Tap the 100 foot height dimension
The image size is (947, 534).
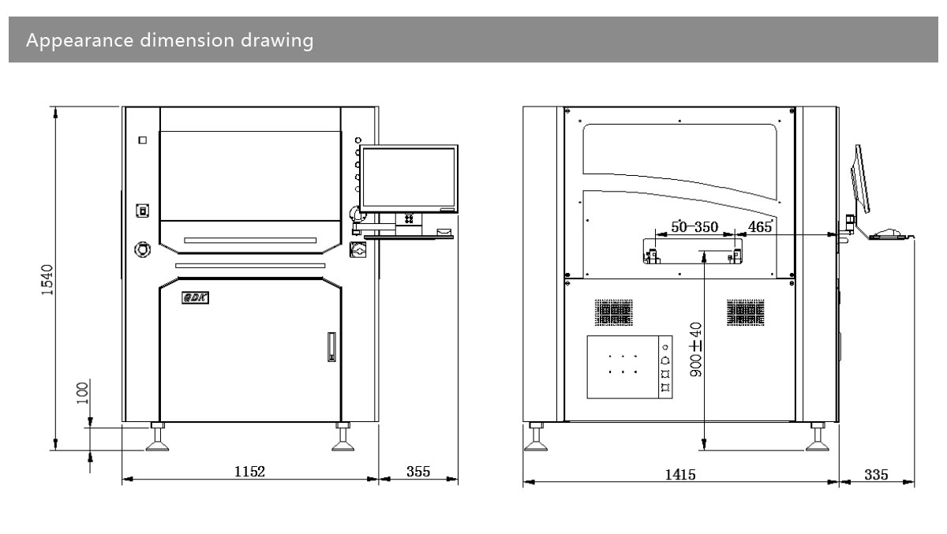pyautogui.click(x=83, y=394)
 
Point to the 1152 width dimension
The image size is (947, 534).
pyautogui.click(x=249, y=471)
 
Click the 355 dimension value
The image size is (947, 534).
pyautogui.click(x=418, y=471)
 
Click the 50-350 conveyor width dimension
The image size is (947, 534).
pyautogui.click(x=694, y=227)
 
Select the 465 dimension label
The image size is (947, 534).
pyautogui.click(x=759, y=227)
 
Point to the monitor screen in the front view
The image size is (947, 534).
pyautogui.click(x=408, y=179)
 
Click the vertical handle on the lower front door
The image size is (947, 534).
pyautogui.click(x=331, y=347)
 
